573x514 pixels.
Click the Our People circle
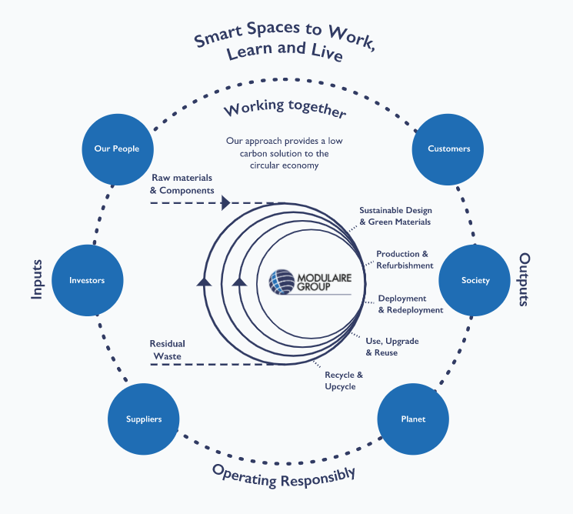pyautogui.click(x=117, y=149)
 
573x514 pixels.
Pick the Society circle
pyautogui.click(x=475, y=280)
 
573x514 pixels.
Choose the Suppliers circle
pyautogui.click(x=144, y=419)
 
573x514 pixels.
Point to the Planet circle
pyautogui.click(x=413, y=419)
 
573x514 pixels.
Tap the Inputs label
pyautogui.click(x=36, y=279)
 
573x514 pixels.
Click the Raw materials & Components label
pyautogui.click(x=182, y=184)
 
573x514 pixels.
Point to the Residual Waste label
pyautogui.click(x=167, y=349)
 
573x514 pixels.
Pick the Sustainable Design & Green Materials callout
pyautogui.click(x=395, y=216)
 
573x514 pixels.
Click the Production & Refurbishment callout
pyautogui.click(x=405, y=259)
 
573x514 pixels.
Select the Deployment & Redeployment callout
pyautogui.click(x=410, y=304)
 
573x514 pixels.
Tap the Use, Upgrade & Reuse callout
pyautogui.click(x=392, y=346)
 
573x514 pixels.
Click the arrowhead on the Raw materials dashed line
pyautogui.click(x=225, y=203)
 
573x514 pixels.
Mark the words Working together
pyautogui.click(x=285, y=108)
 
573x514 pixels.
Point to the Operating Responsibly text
pyautogui.click(x=284, y=473)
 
